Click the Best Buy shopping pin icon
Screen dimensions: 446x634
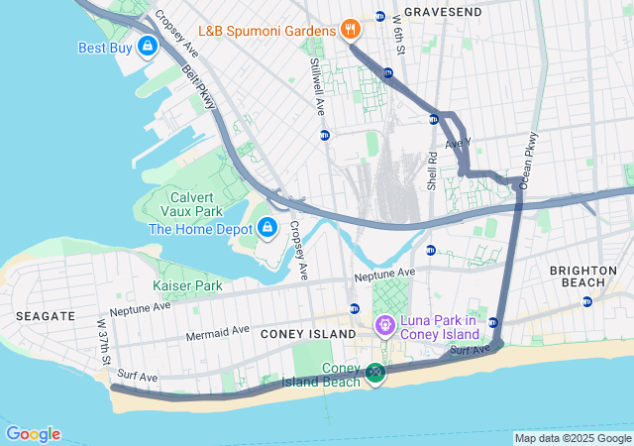(148, 46)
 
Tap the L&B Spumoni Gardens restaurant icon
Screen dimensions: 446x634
(350, 30)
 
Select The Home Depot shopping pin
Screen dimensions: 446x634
(265, 228)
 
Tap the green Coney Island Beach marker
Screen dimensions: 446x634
(374, 373)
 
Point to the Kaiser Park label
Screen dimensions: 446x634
(187, 285)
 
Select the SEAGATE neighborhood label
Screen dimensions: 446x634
(46, 315)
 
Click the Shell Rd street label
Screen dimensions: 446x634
(432, 168)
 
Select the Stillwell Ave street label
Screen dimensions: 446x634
(316, 74)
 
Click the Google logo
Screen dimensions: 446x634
(33, 434)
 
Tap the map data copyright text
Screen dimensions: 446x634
(573, 438)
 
